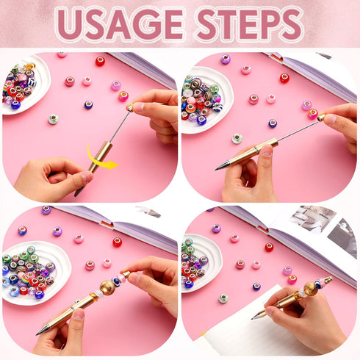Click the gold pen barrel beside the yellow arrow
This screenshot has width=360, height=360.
pyautogui.click(x=93, y=165)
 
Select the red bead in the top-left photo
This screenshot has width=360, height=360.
pyautogui.click(x=100, y=61)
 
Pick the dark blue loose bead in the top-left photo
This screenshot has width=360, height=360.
pyautogui.click(x=88, y=105)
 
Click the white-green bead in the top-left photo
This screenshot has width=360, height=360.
pyautogui.click(x=53, y=118)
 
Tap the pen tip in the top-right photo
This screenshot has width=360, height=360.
pyautogui.click(x=218, y=168)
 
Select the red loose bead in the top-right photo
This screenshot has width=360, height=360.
pyautogui.click(x=284, y=77)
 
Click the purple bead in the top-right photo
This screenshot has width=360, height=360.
pyautogui.click(x=226, y=59)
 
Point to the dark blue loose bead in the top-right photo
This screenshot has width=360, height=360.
pyautogui.click(x=273, y=123)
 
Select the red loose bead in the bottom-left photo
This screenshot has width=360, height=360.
pyautogui.click(x=117, y=242)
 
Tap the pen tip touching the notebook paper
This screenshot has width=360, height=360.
pyautogui.click(x=253, y=317)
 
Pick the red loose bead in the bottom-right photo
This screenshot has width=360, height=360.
pyautogui.click(x=269, y=247)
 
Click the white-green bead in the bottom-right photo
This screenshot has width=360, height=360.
pyautogui.click(x=223, y=298)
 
